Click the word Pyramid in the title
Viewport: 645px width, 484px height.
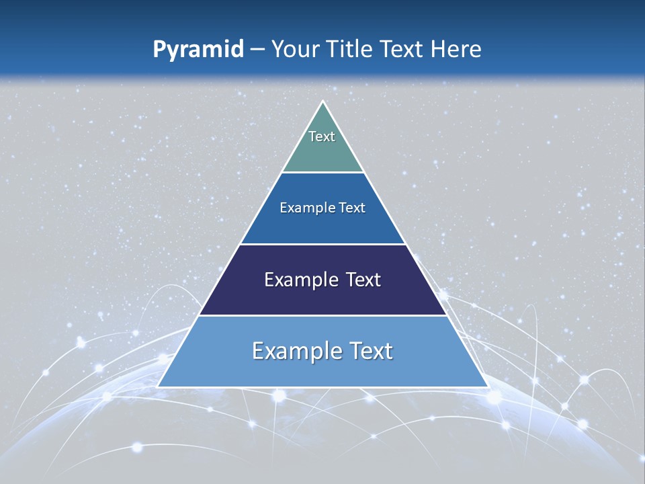[x=198, y=50]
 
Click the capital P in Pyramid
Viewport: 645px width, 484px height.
[x=159, y=50]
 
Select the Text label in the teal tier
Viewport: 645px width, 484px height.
[x=322, y=136]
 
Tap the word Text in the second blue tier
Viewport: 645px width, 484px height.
[x=353, y=208]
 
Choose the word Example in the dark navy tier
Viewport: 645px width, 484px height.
[x=296, y=280]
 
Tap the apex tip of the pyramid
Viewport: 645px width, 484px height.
[x=323, y=102]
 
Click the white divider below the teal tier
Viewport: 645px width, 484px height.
[x=323, y=172]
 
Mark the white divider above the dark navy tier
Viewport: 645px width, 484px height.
[x=323, y=244]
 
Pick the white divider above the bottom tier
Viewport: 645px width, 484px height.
[x=323, y=315]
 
